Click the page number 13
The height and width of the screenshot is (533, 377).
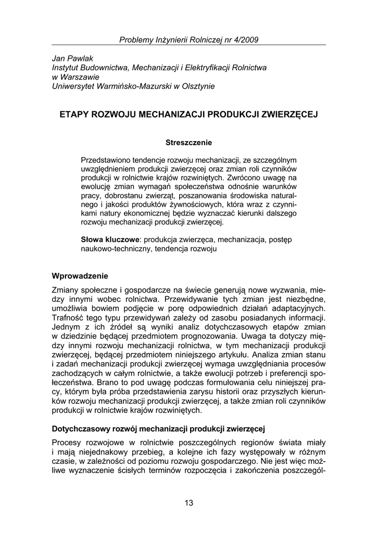[x=188, y=502]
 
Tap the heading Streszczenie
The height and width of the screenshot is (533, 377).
[x=188, y=142]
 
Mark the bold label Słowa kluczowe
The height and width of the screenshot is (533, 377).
[x=109, y=239]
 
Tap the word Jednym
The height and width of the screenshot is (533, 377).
[x=67, y=326]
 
